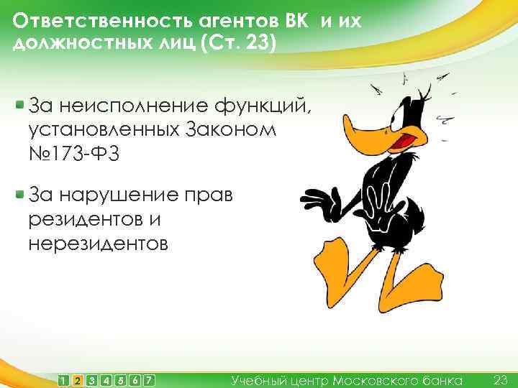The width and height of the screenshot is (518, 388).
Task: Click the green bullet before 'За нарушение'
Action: click(x=19, y=194)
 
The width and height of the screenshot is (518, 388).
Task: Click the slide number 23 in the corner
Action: click(x=501, y=379)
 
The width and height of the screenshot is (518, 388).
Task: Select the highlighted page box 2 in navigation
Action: click(x=78, y=379)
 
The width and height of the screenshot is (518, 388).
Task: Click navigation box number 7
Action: click(x=149, y=379)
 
